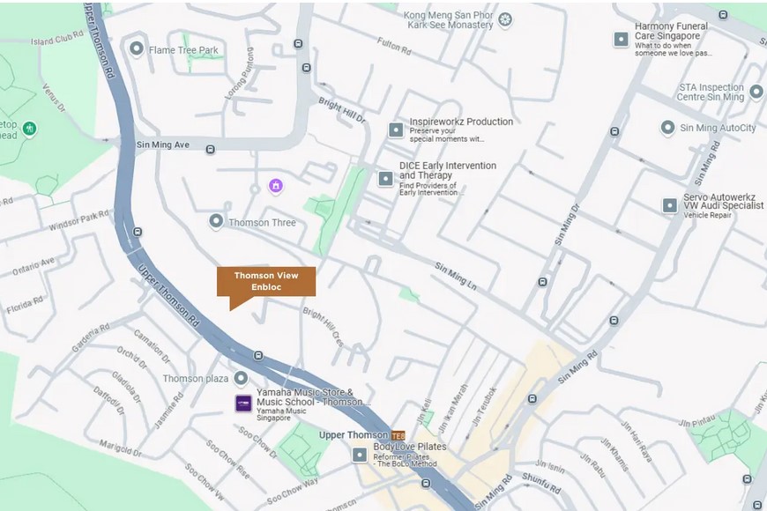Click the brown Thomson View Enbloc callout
pos(265,282)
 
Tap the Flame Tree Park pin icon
pos(137,49)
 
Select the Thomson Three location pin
pos(216,222)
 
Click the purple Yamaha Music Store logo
pos(242,404)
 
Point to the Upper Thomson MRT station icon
pos(398,435)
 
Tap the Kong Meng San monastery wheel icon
pos(505,19)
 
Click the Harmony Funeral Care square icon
pos(621,40)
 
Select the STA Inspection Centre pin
pos(756,91)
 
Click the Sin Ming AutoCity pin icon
pos(667,128)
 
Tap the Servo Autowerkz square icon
pos(670,205)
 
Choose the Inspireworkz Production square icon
pos(396,130)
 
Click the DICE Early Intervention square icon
pos(385,179)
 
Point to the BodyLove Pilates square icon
pos(359,455)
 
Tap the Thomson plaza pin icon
pos(241,378)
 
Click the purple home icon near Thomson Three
pos(276,185)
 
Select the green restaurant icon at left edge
pos(30,129)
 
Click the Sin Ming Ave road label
pos(163,144)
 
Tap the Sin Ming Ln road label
pos(455,276)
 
